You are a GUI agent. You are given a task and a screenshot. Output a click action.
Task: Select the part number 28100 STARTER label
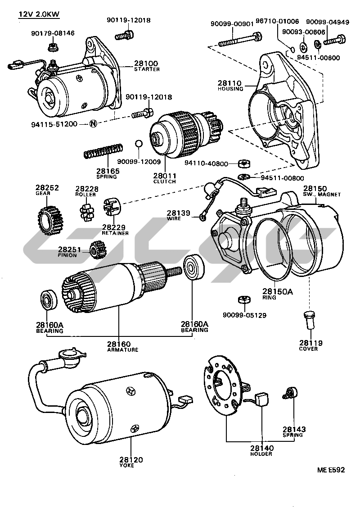(146, 66)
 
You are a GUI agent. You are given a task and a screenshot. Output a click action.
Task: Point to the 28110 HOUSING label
(230, 86)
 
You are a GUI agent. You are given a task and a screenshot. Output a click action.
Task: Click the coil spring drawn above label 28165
(103, 151)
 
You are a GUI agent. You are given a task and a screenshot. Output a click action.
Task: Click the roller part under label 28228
(86, 210)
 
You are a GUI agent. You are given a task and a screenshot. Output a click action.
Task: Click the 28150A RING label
(277, 294)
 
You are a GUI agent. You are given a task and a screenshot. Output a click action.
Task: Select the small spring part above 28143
(290, 393)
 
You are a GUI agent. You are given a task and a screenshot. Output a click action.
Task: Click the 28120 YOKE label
(131, 462)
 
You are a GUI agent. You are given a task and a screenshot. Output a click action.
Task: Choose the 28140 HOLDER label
(261, 450)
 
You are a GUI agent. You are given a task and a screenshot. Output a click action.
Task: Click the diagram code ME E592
(331, 470)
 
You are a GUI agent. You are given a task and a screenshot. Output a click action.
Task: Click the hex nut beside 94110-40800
(246, 163)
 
